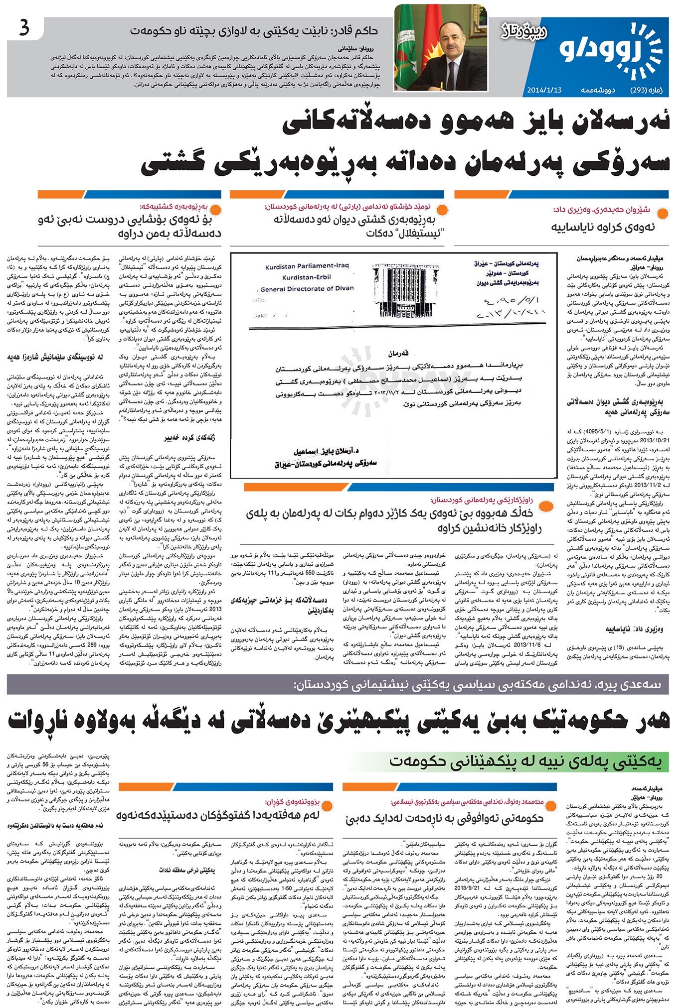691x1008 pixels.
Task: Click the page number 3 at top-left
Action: [x=24, y=29]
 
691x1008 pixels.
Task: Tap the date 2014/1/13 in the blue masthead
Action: [x=544, y=90]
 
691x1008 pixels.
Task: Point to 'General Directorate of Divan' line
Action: [x=307, y=288]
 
